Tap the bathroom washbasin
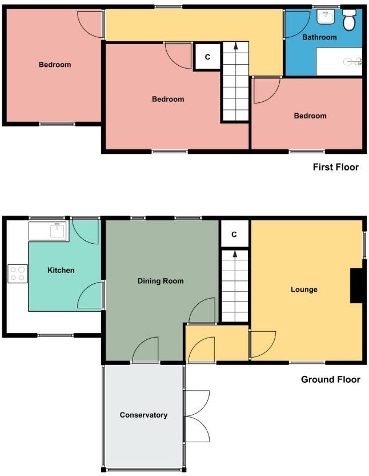tap(326, 17)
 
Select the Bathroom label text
tap(319, 37)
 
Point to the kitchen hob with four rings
tap(17, 273)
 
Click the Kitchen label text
tap(61, 270)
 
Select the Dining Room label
tap(161, 281)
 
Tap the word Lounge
tap(304, 289)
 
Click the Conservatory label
tap(143, 415)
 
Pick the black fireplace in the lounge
tap(357, 285)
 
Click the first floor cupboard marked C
tap(207, 57)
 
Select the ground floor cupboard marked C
tap(234, 235)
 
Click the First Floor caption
tap(335, 167)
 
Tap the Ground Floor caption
tap(331, 379)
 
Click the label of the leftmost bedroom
tap(55, 65)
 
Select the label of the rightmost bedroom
tap(310, 116)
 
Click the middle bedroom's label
tap(168, 99)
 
